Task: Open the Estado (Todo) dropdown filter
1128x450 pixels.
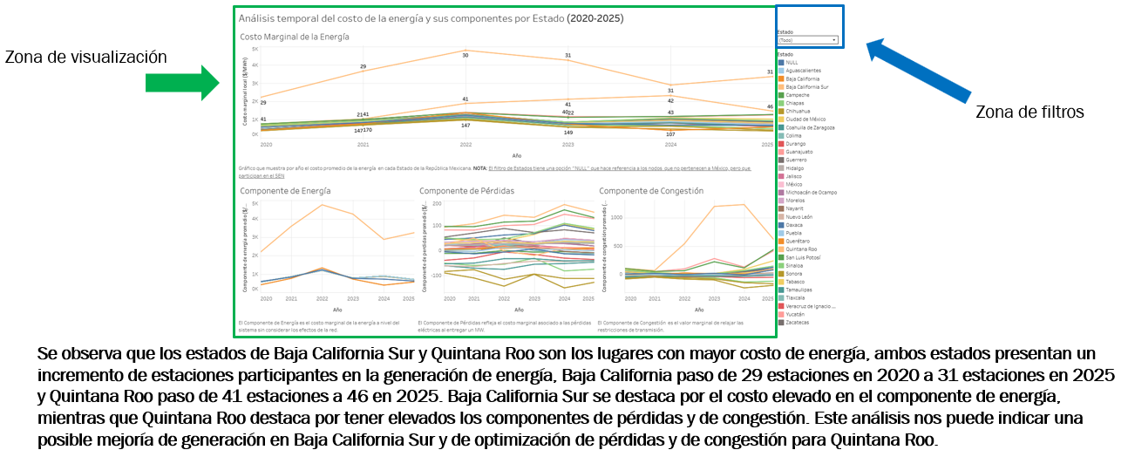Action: pos(808,40)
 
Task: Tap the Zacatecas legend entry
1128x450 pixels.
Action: pos(797,322)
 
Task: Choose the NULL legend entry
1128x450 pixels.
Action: pos(791,63)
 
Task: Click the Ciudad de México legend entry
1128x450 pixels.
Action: pos(805,119)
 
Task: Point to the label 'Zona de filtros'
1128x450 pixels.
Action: pos(1029,112)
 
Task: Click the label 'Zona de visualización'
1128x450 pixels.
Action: pos(85,57)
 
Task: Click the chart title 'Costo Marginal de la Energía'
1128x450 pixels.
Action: pos(294,37)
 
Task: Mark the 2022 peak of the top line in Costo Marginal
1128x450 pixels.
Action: pos(465,51)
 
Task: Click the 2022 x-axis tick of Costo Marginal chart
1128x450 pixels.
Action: pos(465,144)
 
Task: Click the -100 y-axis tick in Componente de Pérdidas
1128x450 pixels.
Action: pos(432,274)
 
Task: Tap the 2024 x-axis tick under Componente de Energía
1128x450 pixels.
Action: pos(383,299)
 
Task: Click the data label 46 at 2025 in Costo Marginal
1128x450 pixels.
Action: pos(770,106)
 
